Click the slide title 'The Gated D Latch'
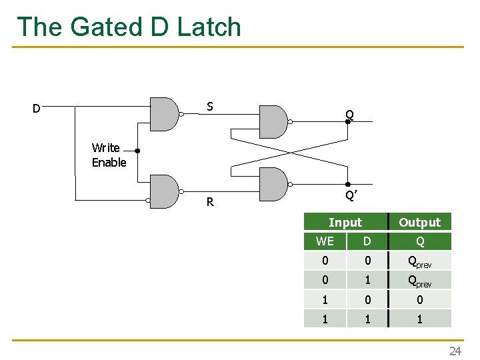[x=129, y=27]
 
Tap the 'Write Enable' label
[x=109, y=155]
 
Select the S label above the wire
[x=210, y=106]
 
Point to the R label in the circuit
[x=210, y=202]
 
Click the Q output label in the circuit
[x=349, y=115]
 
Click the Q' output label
[x=349, y=195]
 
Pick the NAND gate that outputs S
[x=165, y=114]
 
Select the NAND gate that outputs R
[x=165, y=192]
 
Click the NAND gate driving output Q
[x=272, y=121]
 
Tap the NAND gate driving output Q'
[x=272, y=184]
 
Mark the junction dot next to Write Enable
[x=137, y=151]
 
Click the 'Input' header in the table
[x=345, y=222]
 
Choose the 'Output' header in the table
[x=419, y=222]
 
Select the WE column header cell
[x=325, y=241]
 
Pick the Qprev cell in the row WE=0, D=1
[x=419, y=280]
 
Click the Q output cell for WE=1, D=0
[x=419, y=299]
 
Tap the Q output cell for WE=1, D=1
[x=419, y=319]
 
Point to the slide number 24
[x=455, y=351]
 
